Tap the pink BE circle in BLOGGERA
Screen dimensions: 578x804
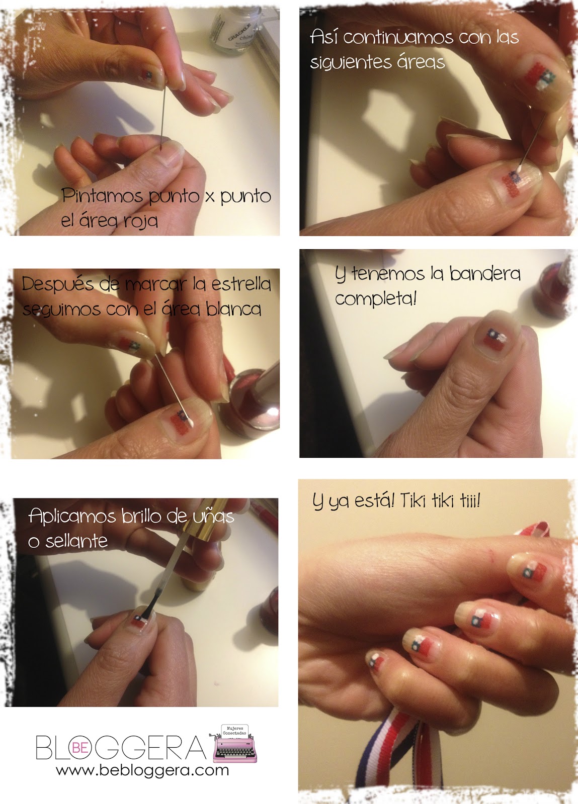click(80, 747)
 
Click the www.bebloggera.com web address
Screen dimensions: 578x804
click(142, 770)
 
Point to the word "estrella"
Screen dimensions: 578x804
click(241, 284)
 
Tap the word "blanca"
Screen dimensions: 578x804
click(234, 309)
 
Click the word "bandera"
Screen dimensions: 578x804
click(485, 274)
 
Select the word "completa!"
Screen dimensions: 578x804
click(376, 299)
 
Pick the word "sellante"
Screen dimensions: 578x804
click(76, 541)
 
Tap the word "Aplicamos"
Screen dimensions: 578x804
click(72, 517)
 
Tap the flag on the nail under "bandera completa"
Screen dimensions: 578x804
click(494, 339)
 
